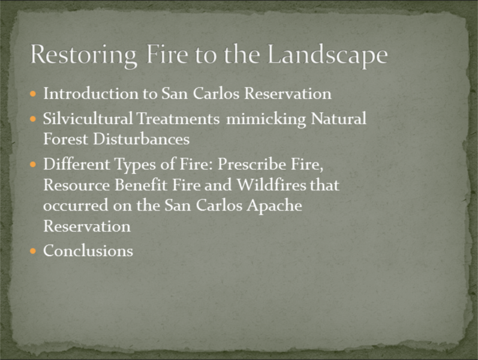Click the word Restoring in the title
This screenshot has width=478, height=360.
click(x=83, y=56)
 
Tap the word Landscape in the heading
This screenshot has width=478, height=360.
click(x=327, y=55)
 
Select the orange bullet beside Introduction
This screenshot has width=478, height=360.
click(x=33, y=94)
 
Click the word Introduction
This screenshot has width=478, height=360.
click(x=91, y=93)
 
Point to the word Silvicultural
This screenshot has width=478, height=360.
click(x=88, y=118)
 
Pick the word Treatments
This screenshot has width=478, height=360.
click(x=178, y=118)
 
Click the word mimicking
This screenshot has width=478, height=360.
click(x=266, y=119)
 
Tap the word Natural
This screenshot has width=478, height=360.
click(x=338, y=118)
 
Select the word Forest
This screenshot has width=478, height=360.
click(x=65, y=139)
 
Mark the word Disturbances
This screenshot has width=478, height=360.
click(x=141, y=139)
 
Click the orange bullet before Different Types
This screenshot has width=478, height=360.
click(x=33, y=165)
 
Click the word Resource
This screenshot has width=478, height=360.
click(x=77, y=185)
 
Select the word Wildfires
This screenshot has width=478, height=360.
click(x=271, y=185)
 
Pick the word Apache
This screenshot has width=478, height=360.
click(x=274, y=206)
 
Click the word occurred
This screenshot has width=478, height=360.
click(x=76, y=205)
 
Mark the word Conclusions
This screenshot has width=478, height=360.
click(x=88, y=250)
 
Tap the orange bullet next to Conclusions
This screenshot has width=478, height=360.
click(x=33, y=251)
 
